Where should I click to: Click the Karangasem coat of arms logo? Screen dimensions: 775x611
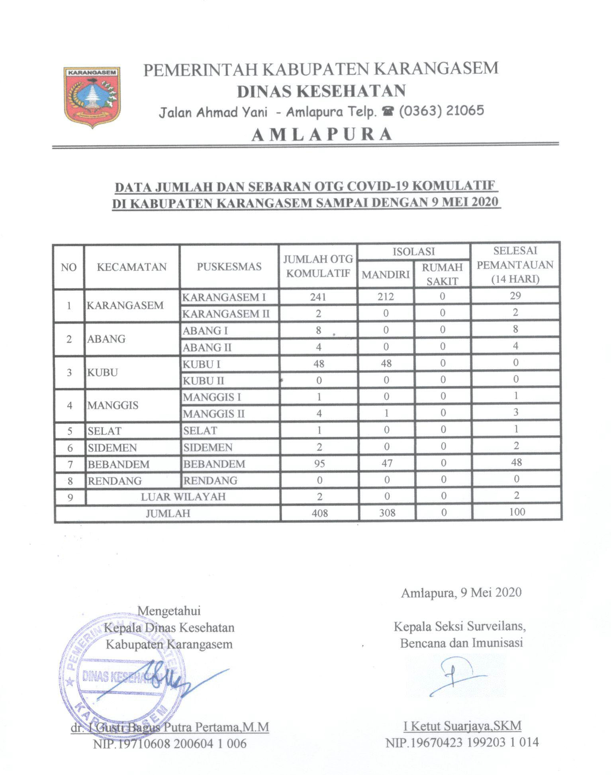[92, 97]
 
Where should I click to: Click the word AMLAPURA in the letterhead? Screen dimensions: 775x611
[322, 135]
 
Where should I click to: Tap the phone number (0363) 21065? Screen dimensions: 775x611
[442, 110]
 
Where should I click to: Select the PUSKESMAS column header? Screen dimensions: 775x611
[229, 266]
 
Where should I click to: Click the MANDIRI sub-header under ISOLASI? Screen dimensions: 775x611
[385, 274]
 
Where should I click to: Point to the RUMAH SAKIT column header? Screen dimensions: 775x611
[442, 274]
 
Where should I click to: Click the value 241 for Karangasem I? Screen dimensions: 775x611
[318, 297]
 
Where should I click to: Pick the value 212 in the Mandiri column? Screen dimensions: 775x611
[386, 296]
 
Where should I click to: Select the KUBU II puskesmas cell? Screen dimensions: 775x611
[204, 381]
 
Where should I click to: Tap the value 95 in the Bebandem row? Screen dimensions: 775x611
[319, 463]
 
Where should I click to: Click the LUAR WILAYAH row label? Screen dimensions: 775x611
[183, 497]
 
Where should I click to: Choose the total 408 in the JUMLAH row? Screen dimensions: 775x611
[319, 513]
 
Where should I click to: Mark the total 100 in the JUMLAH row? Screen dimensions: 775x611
[517, 512]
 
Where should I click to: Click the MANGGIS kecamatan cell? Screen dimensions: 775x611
[113, 405]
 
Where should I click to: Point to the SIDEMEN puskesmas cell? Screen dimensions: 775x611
[208, 447]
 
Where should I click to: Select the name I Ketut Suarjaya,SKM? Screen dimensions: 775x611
[462, 726]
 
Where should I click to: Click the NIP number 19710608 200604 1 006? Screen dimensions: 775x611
[170, 743]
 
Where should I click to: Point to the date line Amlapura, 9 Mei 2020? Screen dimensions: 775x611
[461, 593]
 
